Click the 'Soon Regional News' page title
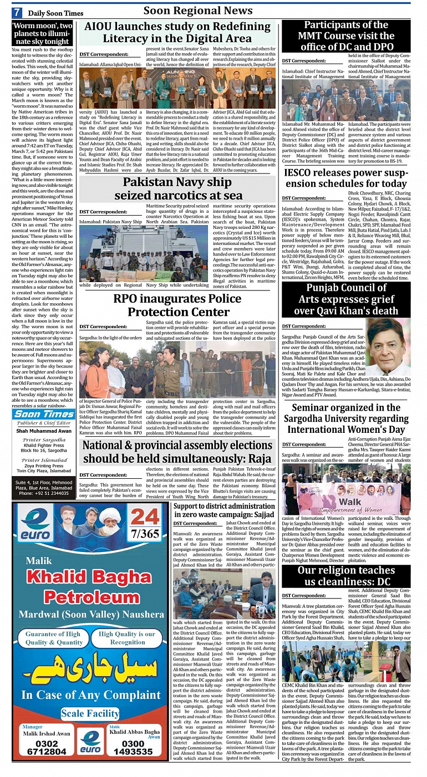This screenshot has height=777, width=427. pyautogui.click(x=197, y=11)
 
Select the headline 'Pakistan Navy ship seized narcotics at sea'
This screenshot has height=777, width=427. pyautogui.click(x=177, y=188)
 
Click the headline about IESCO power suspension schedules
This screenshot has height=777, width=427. pyautogui.click(x=345, y=178)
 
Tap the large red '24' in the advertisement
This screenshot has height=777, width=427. pyautogui.click(x=144, y=517)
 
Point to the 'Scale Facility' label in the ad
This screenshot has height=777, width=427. pyautogui.click(x=90, y=713)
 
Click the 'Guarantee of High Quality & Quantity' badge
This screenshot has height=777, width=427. pyautogui.click(x=53, y=638)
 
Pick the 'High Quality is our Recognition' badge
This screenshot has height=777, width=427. pyautogui.click(x=127, y=638)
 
